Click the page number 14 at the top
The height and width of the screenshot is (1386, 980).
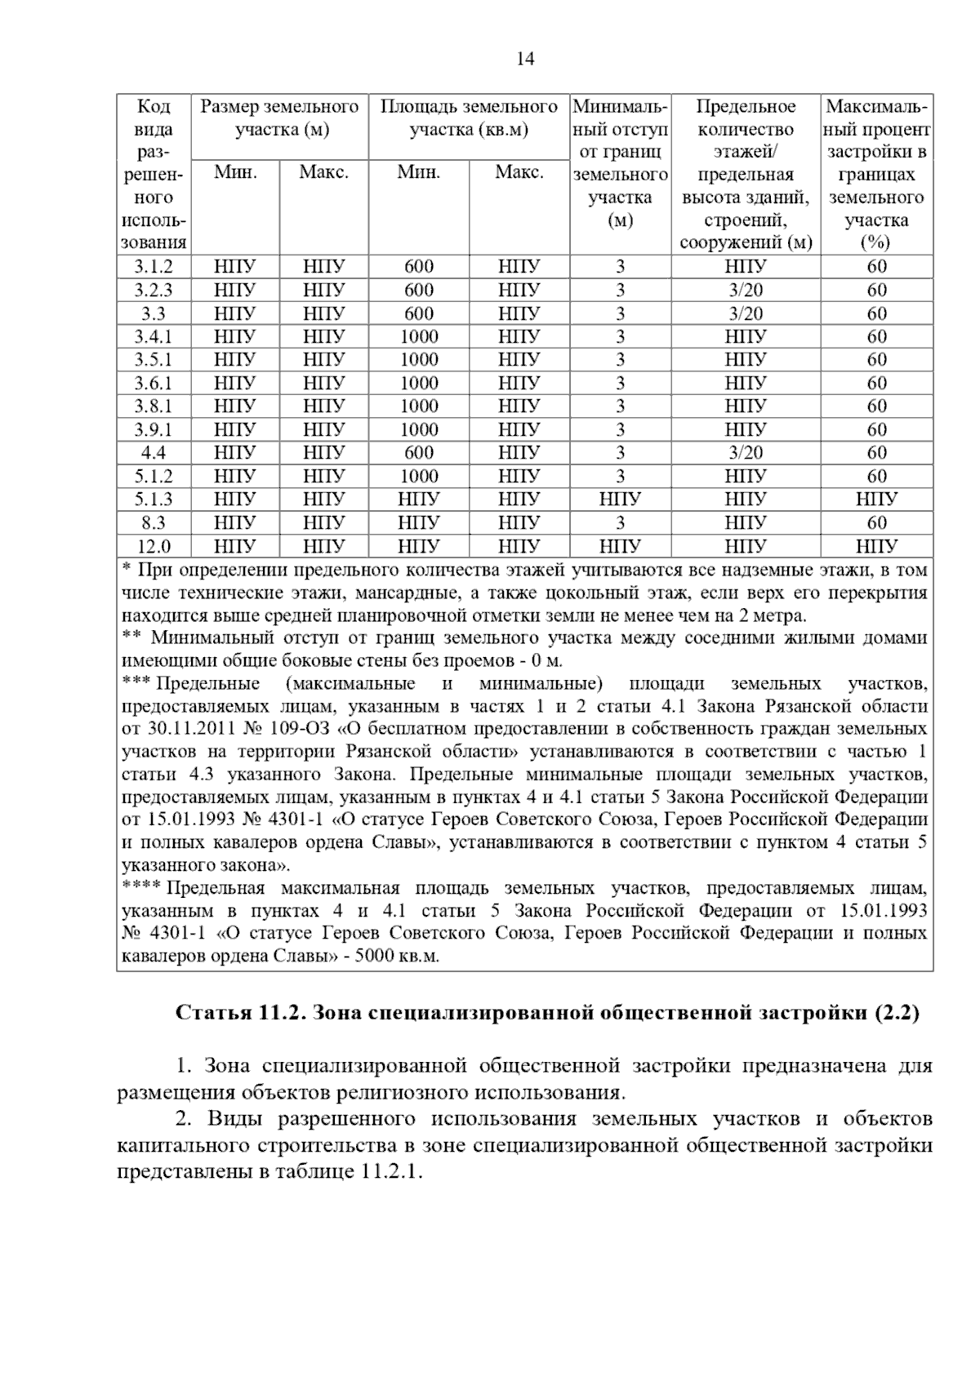click(525, 59)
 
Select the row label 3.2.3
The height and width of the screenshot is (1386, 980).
click(153, 291)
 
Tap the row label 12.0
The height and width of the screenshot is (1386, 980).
click(153, 546)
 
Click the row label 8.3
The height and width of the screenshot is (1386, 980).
click(153, 523)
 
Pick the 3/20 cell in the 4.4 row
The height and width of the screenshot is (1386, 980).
click(745, 453)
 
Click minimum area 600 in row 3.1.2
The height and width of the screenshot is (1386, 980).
click(418, 267)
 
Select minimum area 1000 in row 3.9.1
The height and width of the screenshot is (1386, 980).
click(418, 430)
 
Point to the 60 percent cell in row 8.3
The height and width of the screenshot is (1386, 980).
click(876, 523)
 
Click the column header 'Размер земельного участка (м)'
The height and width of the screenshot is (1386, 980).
click(279, 118)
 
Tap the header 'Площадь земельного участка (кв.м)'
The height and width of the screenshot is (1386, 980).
click(469, 118)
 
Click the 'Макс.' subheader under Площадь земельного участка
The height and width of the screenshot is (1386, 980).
click(519, 173)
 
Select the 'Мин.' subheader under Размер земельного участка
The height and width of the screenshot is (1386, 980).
click(235, 173)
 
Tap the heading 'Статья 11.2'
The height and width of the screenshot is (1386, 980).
click(237, 1014)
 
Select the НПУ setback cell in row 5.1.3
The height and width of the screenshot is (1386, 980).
click(620, 500)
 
